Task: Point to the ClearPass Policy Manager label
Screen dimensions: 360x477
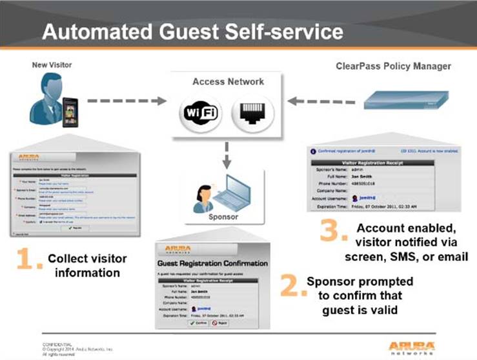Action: click(393, 66)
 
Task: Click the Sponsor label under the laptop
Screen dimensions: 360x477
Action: click(223, 217)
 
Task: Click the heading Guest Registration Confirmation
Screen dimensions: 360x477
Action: click(212, 263)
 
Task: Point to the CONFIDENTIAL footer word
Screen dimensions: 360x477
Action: click(56, 345)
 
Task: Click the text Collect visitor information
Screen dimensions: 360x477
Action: click(87, 265)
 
